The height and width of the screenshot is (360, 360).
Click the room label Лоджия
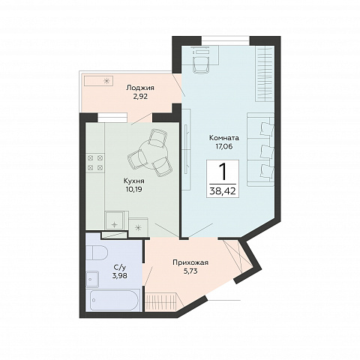[x=140, y=88]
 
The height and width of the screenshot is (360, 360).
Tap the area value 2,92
[x=140, y=97]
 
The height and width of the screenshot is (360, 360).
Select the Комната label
[x=224, y=138]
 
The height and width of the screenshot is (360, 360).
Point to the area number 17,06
[x=224, y=146]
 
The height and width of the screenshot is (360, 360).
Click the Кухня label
[x=134, y=181]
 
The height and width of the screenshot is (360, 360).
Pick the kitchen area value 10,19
[x=134, y=190]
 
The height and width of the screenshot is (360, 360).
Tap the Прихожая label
[x=190, y=262]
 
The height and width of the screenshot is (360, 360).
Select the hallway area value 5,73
[x=190, y=271]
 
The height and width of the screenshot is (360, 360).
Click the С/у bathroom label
[x=119, y=268]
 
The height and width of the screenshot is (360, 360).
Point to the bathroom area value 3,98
[x=119, y=276]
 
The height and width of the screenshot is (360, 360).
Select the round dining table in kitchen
[x=153, y=154]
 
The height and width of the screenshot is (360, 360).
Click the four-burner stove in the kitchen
[x=95, y=162]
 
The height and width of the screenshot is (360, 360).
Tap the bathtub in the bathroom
[x=114, y=301]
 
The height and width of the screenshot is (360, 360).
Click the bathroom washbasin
[x=92, y=279]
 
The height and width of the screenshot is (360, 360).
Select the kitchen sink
[x=115, y=220]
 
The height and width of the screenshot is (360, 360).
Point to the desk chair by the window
[x=201, y=64]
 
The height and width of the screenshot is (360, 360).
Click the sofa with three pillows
[x=261, y=149]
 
